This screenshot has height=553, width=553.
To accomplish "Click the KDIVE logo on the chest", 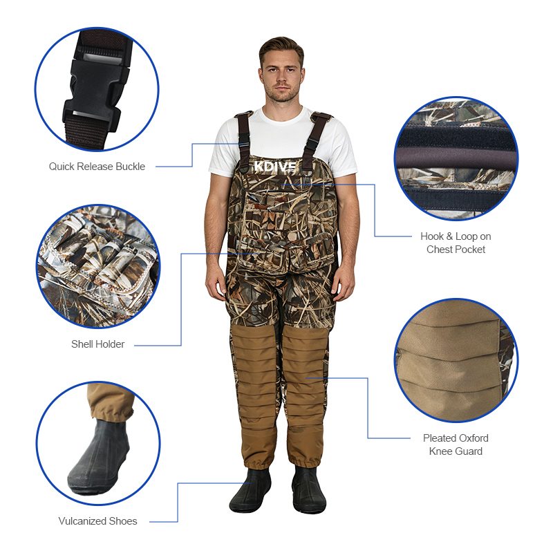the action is (x=275, y=167).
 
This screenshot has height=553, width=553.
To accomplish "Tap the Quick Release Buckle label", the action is (x=97, y=167).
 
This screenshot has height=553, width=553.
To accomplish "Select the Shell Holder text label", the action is (x=97, y=344).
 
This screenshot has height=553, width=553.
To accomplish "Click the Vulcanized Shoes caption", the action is (x=97, y=521).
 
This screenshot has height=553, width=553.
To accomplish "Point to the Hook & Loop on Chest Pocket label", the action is (x=456, y=243).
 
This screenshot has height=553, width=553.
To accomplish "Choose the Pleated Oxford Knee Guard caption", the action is (x=456, y=444).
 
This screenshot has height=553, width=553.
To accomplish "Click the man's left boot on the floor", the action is (x=309, y=490).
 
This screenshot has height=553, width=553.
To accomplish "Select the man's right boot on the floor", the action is (x=250, y=490).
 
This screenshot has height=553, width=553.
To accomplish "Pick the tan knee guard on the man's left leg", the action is (x=304, y=395).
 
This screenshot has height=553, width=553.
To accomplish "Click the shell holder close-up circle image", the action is (x=98, y=266).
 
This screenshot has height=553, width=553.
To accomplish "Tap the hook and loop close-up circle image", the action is (x=456, y=159).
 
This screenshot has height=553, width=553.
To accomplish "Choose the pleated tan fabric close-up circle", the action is (x=456, y=360).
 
